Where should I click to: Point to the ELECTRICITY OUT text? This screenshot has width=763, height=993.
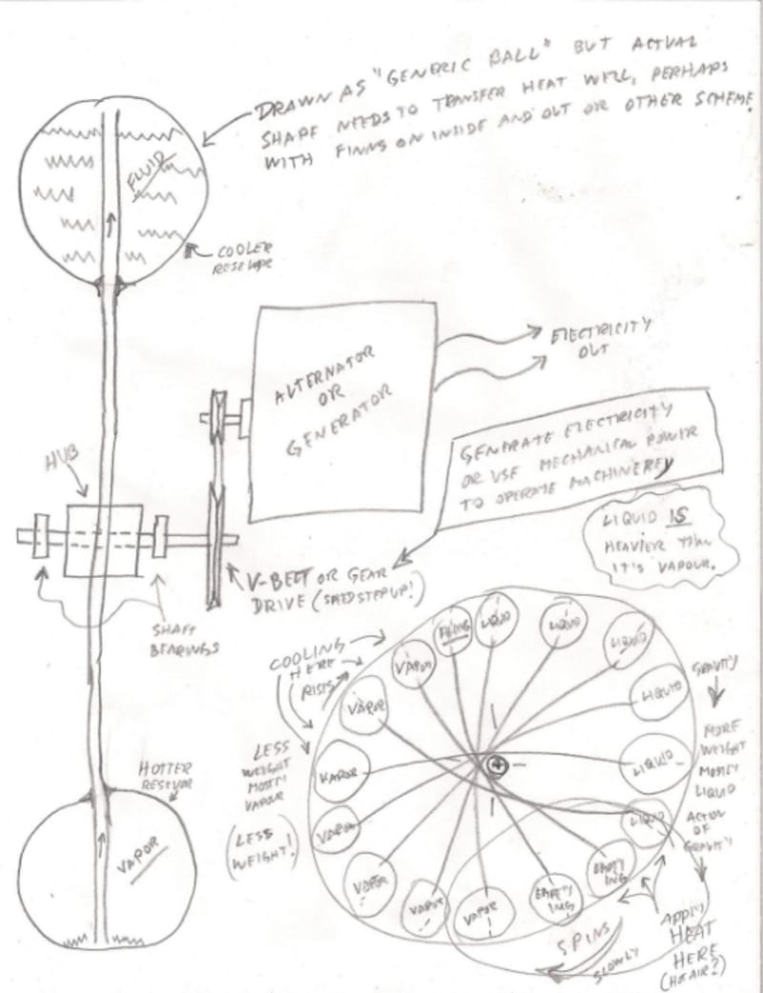point(592,340)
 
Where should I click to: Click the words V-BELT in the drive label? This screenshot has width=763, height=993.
point(264,579)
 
